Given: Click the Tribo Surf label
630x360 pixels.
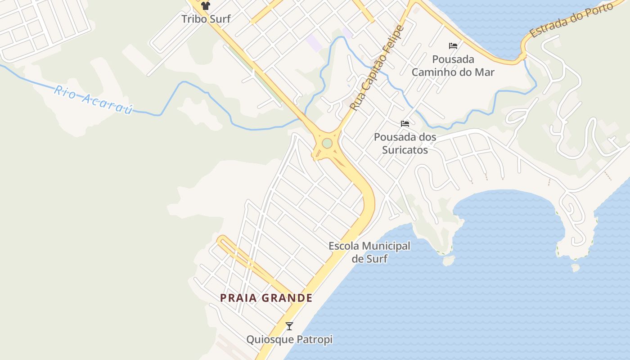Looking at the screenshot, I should coord(206,19).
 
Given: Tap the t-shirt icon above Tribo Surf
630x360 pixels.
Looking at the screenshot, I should coord(206,6).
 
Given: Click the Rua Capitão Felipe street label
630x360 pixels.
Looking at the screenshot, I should coord(377,68).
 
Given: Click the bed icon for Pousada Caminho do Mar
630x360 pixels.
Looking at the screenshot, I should coord(453,46).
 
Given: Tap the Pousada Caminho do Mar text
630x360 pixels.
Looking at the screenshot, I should coord(453,66).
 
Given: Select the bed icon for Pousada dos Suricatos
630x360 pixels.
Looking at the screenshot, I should coord(405,123).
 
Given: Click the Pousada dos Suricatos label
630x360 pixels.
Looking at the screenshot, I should coord(405,143).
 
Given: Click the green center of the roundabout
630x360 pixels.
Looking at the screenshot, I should coord(327,143).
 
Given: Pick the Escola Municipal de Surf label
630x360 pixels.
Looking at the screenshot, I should coord(369,252).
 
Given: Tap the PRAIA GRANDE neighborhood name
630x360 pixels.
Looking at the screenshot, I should coord(266,298).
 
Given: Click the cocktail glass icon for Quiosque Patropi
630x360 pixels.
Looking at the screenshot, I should coord(289,326).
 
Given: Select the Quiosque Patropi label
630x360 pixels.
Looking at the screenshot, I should coord(289,339).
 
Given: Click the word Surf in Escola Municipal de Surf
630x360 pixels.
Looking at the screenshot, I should coord(376,259).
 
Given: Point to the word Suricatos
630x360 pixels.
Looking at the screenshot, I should coord(405,150).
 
